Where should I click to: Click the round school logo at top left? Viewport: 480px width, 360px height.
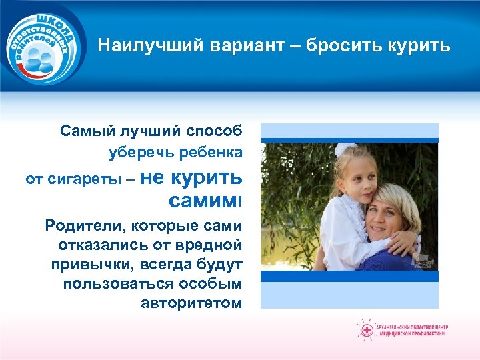point(43,45)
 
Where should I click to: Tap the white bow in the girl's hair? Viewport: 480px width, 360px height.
point(345,151)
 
